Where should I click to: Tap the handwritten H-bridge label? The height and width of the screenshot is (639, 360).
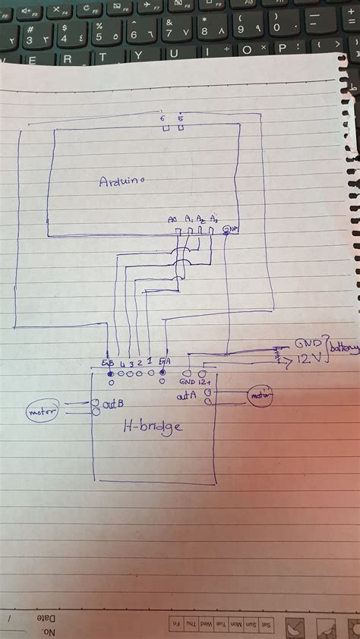153,427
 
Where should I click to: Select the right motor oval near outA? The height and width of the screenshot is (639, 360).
259,395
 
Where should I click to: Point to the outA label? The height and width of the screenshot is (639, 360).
187,395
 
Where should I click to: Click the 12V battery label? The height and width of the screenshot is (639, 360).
308,357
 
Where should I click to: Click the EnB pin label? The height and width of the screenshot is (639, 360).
107,363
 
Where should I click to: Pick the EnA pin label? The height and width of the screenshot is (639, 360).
164,362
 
